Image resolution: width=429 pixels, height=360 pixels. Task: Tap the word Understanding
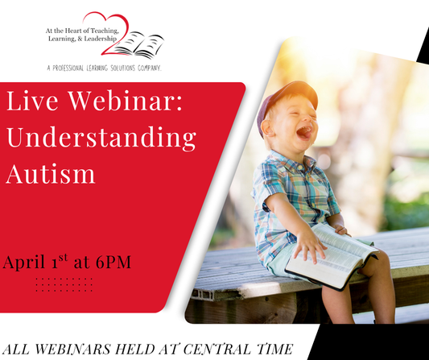pos(101,138)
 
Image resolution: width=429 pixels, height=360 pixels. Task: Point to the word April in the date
pos(26,263)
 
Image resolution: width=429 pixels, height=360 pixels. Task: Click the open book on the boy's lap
pos(330,253)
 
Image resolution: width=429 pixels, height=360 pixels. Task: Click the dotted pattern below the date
pos(64,284)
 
